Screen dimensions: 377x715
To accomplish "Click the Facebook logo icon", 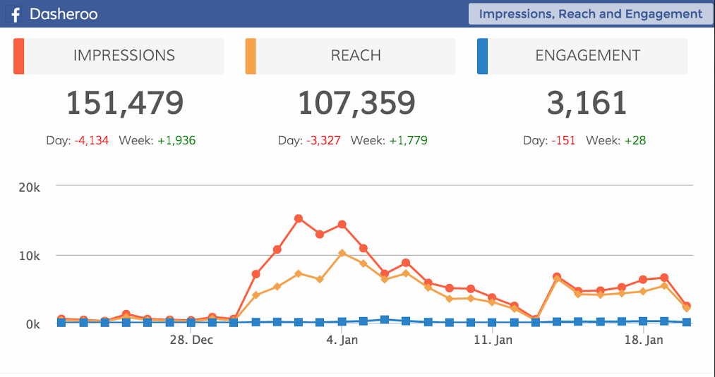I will pos(15,15).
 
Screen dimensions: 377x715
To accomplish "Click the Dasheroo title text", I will pos(64,14).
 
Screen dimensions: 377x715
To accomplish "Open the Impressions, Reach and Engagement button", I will pos(590,13).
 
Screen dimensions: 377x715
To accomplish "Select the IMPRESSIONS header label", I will pos(124,56).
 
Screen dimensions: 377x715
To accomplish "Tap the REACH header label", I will pos(356,56).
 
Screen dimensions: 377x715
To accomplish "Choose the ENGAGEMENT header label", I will pos(587,56).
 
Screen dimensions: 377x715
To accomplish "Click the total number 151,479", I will pos(125,103).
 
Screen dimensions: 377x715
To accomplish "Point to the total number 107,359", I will pos(356,103).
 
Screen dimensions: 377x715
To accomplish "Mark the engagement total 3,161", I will pos(587,103).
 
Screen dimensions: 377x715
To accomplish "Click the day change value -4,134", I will pos(91,140).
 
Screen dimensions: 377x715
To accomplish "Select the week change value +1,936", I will pos(176,140).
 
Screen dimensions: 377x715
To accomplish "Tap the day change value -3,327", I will pos(323,140).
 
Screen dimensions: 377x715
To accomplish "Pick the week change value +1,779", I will pos(407,140).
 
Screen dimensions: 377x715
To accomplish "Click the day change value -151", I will pos(563,140).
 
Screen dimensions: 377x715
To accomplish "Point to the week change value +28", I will pos(635,140).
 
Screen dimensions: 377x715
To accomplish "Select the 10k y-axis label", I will pos(29,255).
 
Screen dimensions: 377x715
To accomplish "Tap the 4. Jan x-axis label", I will pos(342,340).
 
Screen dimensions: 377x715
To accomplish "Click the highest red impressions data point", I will pos(299,218).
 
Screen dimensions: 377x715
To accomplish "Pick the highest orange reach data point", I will pos(342,253).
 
